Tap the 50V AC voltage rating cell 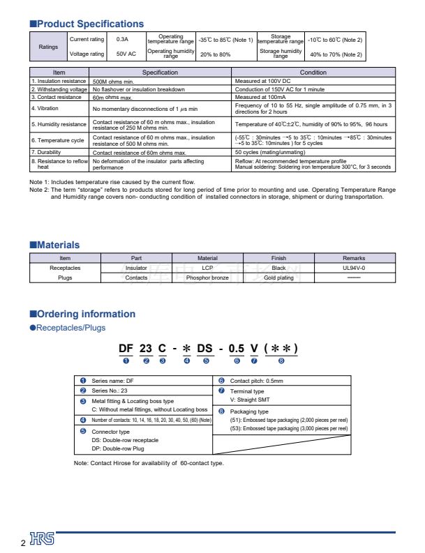tap(126, 54)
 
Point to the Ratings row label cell tap(48, 47)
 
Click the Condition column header tap(313, 73)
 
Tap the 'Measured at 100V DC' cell tap(264, 81)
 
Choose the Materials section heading tap(54, 245)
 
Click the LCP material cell tap(207, 268)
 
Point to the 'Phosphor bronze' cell tap(207, 278)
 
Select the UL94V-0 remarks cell tap(354, 268)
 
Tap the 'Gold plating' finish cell tap(278, 278)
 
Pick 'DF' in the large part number tap(126, 348)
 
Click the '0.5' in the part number tap(238, 348)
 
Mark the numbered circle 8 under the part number tap(281, 361)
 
